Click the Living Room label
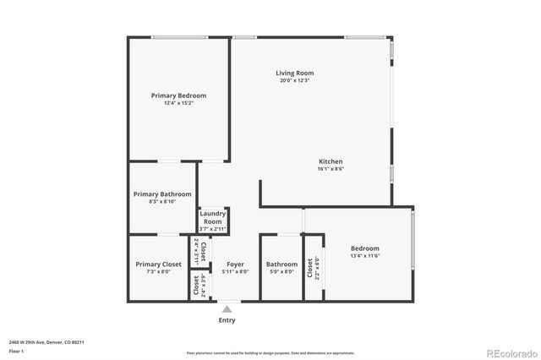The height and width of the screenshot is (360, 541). point(294,74)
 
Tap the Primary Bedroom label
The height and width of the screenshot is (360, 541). point(178,95)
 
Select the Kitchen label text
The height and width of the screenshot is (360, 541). point(331,161)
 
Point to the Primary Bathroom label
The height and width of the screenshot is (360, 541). point(162,194)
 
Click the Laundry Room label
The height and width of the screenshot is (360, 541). point(213,217)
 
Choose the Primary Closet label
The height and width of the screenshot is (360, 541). point(159,265)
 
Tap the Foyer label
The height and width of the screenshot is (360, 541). point(235,265)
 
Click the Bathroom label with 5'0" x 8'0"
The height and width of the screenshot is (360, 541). point(281,265)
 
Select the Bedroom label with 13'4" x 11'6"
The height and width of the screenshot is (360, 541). point(365,248)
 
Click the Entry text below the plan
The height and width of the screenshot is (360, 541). point(227,320)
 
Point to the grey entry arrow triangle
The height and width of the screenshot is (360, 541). point(227,309)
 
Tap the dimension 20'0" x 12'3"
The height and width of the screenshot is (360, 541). point(294,81)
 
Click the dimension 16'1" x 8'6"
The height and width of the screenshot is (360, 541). point(331,169)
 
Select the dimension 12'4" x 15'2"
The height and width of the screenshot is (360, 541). point(178,103)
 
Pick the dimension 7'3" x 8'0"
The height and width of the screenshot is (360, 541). point(159,272)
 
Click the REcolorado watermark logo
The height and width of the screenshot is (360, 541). point(506,352)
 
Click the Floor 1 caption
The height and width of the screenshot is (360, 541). point(17,351)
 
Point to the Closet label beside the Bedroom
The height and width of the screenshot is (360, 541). point(310,269)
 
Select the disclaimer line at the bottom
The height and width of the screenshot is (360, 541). point(270,352)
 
